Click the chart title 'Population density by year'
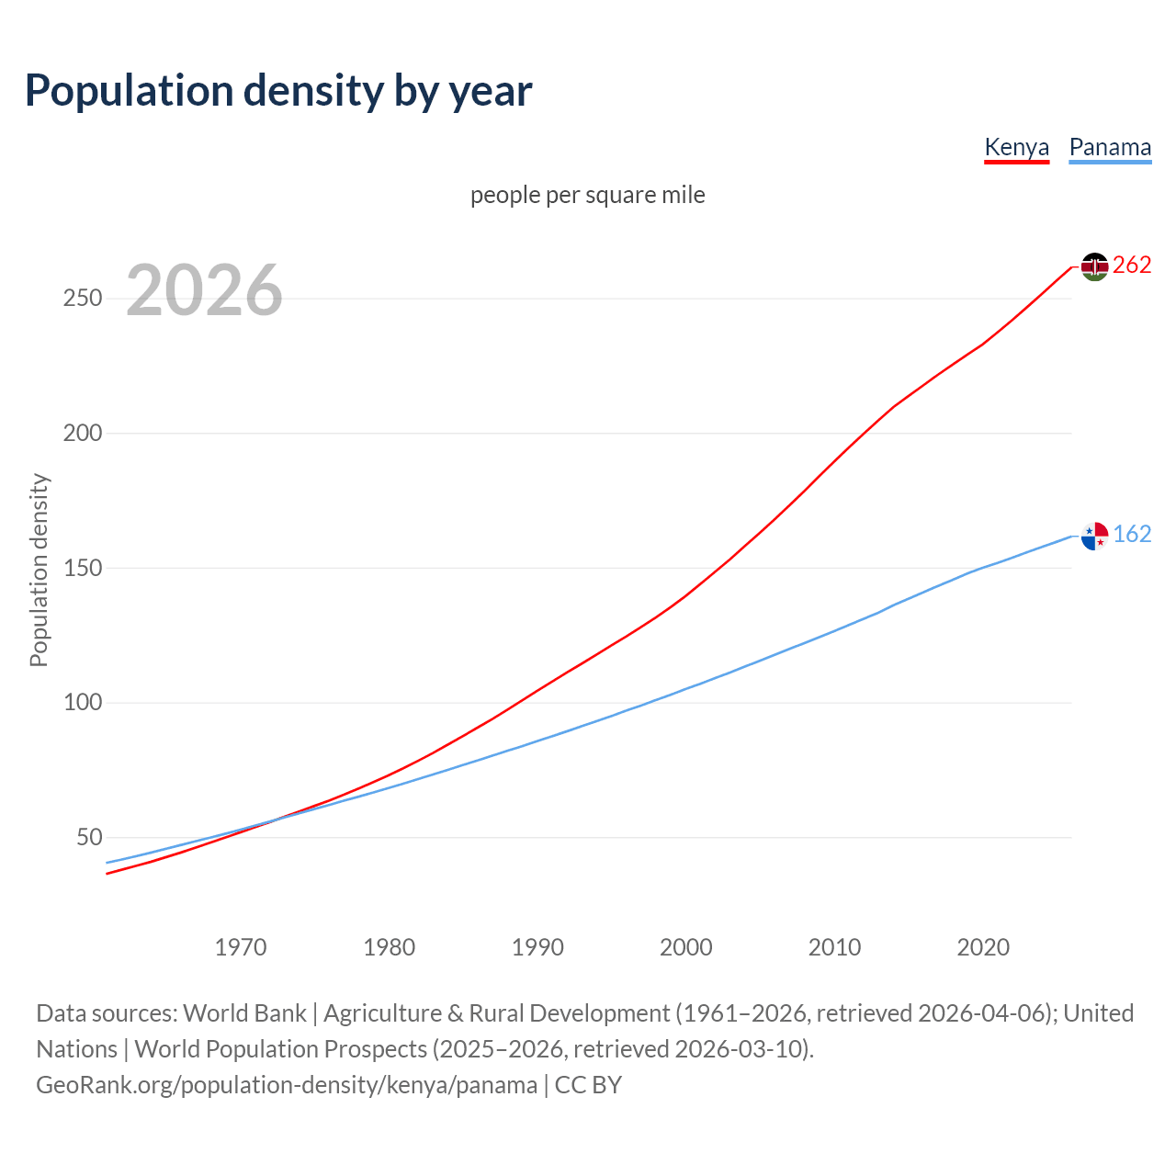(x=278, y=90)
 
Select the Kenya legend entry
(x=1016, y=147)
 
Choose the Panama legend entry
(x=1110, y=147)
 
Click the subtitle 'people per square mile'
(x=588, y=195)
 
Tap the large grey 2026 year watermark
(x=204, y=290)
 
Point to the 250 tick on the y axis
(x=83, y=299)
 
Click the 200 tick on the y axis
(x=83, y=433)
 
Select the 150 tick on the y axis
(x=83, y=568)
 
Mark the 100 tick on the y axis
(x=83, y=703)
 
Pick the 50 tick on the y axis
(x=89, y=837)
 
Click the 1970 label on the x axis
(x=241, y=946)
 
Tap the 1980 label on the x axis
(x=390, y=946)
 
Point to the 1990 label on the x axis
(x=537, y=946)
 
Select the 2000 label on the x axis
(x=686, y=946)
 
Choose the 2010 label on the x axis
(x=834, y=946)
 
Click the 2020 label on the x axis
(x=983, y=946)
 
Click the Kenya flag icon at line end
(x=1094, y=266)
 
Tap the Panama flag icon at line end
(x=1094, y=536)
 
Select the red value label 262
(x=1132, y=266)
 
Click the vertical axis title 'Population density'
(x=39, y=570)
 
